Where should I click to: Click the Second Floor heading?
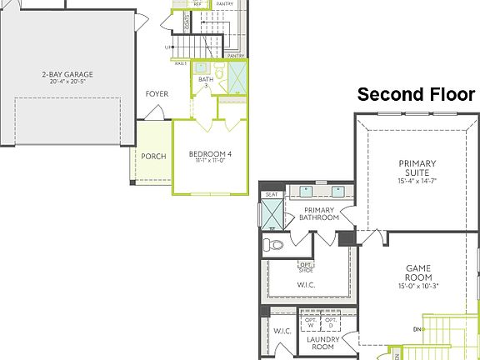416,95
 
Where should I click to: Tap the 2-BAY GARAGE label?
67,74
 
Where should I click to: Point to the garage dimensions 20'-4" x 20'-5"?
67,82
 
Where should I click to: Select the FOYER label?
157,94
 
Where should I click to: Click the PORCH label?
153,156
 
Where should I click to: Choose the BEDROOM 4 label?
210,154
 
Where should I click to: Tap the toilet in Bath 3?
220,74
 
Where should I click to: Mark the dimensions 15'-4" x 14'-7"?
417,181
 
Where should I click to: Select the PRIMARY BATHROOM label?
319,213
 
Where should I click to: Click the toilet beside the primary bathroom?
272,245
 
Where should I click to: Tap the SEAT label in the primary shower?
272,195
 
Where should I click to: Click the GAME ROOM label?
417,273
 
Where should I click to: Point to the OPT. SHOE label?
306,267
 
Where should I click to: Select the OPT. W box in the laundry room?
310,322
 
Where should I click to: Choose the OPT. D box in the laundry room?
331,322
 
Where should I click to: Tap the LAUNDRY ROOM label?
321,344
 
